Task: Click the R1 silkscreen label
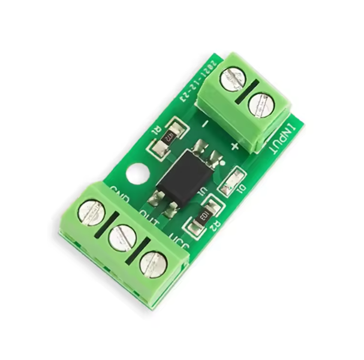click(157, 129)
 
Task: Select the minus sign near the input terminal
click(205, 125)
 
